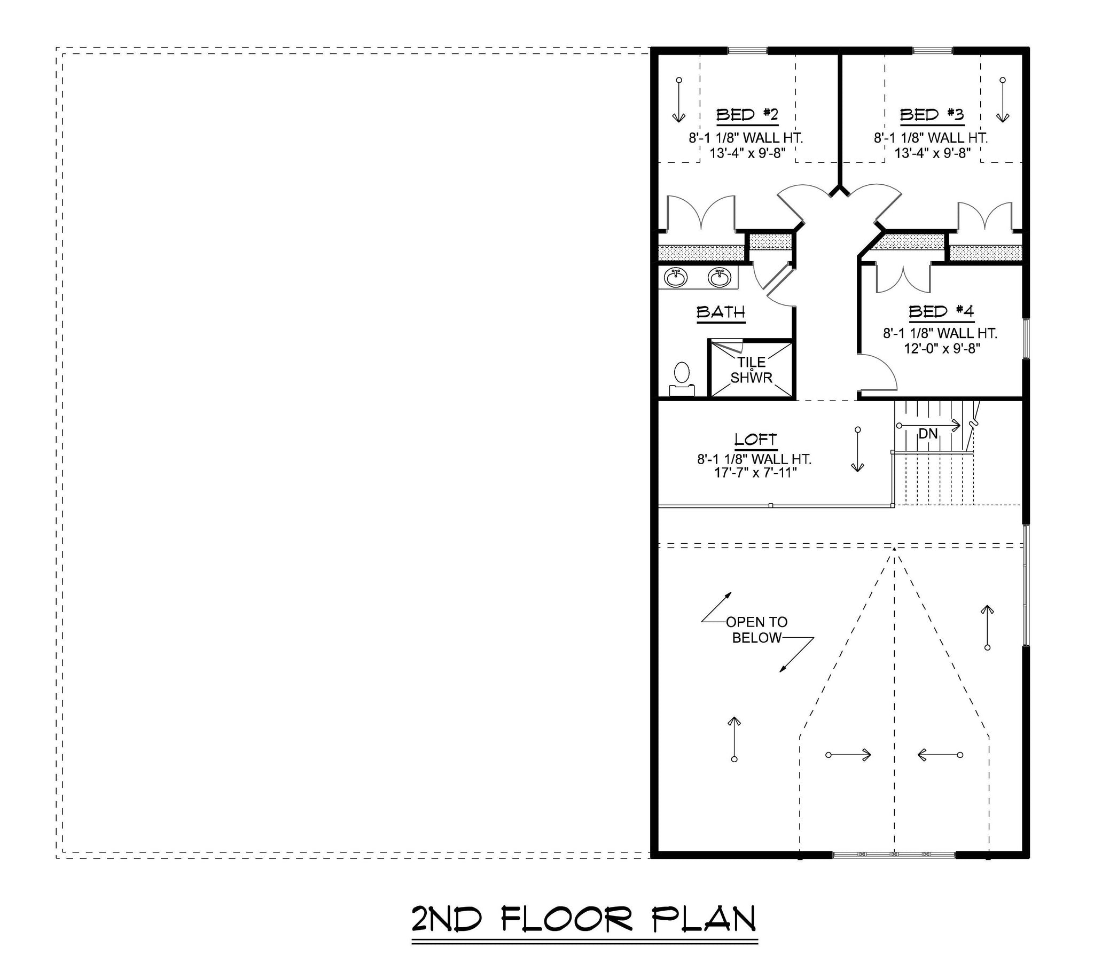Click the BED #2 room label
pyautogui.click(x=747, y=115)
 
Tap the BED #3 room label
pyautogui.click(x=932, y=115)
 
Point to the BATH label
pyautogui.click(x=721, y=312)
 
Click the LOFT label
pyautogui.click(x=756, y=440)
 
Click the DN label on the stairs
pyautogui.click(x=928, y=434)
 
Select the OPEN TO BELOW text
pyautogui.click(x=757, y=630)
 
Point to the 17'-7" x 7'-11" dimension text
pyautogui.click(x=756, y=473)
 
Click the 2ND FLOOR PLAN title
pyautogui.click(x=584, y=919)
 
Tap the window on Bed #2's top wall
pyautogui.click(x=747, y=51)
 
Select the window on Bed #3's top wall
pyautogui.click(x=932, y=51)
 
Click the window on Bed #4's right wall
pyautogui.click(x=1026, y=338)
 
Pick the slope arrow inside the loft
pyautogui.click(x=857, y=450)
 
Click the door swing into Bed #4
pyautogui.click(x=1038, y=372)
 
